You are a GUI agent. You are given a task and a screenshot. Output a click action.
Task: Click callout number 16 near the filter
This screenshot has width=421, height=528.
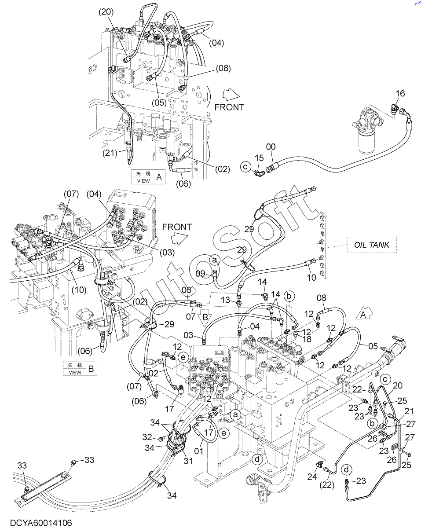399,94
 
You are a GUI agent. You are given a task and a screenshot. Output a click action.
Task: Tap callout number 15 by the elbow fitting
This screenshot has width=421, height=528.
259,158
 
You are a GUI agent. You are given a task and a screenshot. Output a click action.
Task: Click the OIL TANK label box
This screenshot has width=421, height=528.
372,245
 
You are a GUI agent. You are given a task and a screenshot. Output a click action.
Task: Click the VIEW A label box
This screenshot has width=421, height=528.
148,177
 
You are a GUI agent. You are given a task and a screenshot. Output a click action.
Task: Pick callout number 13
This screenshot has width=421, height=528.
225,300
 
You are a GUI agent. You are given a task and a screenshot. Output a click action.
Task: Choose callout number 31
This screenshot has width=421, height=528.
189,461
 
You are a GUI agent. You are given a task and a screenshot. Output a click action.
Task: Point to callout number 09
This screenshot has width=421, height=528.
201,274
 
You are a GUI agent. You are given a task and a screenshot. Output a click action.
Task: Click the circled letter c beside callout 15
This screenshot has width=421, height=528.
245,166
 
